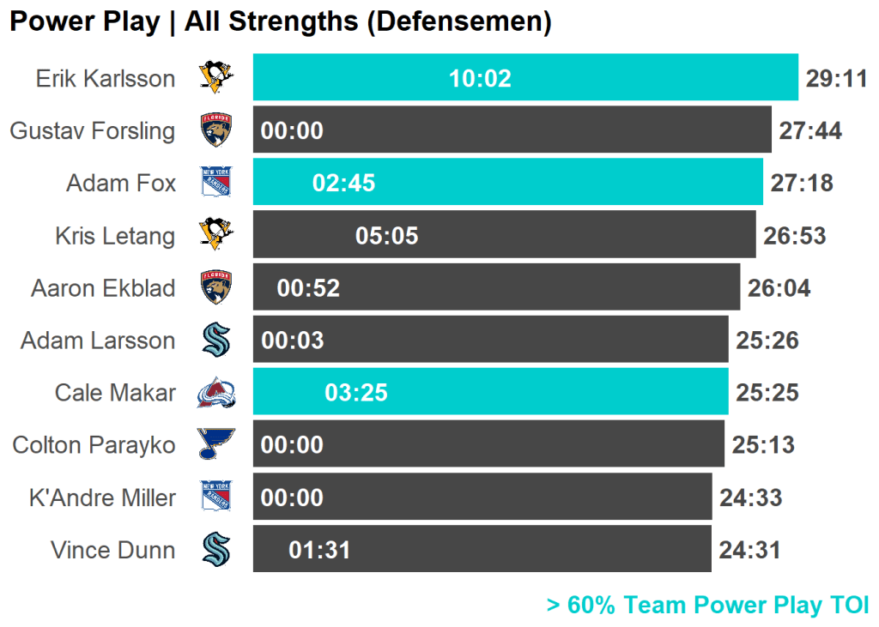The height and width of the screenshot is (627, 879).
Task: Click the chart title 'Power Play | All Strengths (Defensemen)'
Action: pos(280,22)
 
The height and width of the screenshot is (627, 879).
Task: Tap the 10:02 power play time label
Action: pos(480,79)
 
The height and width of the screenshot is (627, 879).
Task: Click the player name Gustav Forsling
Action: pos(93,131)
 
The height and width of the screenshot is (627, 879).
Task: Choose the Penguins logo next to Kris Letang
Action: pos(216,234)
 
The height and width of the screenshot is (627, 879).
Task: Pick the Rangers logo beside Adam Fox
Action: pos(216,183)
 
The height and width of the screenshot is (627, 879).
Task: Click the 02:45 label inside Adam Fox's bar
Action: pos(344,184)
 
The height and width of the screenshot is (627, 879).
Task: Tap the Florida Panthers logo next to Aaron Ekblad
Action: pos(216,287)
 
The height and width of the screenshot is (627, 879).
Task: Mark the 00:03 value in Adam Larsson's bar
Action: pos(293,341)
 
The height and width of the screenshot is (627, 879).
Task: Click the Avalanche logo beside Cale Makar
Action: pos(216,393)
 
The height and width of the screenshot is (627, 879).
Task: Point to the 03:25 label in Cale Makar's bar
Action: pos(356,394)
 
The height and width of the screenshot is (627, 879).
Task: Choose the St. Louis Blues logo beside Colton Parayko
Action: pos(216,444)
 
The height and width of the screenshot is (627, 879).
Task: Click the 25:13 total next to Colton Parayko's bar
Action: pos(763,445)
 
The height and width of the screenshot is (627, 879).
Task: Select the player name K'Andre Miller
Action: pos(102,498)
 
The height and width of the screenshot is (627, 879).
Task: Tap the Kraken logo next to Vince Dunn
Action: pos(216,550)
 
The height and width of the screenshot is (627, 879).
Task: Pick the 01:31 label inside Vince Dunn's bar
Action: pos(320,551)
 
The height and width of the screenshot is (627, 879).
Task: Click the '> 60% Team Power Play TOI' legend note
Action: pos(708,606)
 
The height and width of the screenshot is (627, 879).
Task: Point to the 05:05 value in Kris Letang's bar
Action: pos(387,236)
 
